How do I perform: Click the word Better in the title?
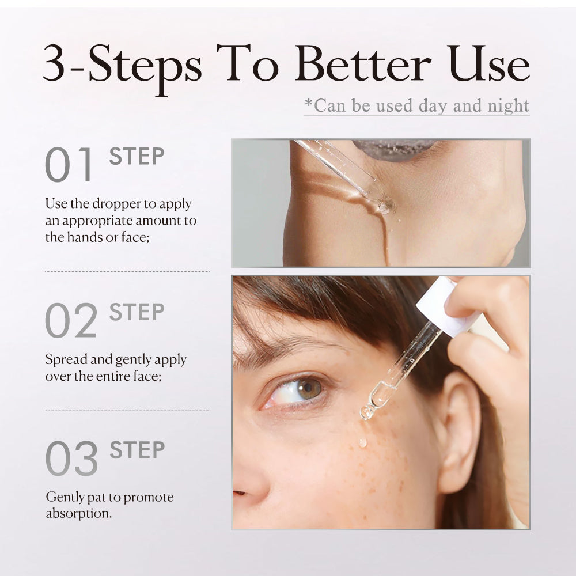point(363,63)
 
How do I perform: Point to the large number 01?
point(68,165)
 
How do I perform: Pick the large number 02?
point(71,320)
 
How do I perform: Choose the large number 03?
point(71,458)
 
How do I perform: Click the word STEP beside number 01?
point(137,157)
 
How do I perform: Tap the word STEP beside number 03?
point(137,450)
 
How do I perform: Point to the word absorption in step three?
point(78,514)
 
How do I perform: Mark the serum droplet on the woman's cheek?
point(362,442)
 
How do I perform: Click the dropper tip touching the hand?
point(386,206)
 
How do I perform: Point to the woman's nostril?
point(240,493)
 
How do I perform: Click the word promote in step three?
point(149,498)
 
